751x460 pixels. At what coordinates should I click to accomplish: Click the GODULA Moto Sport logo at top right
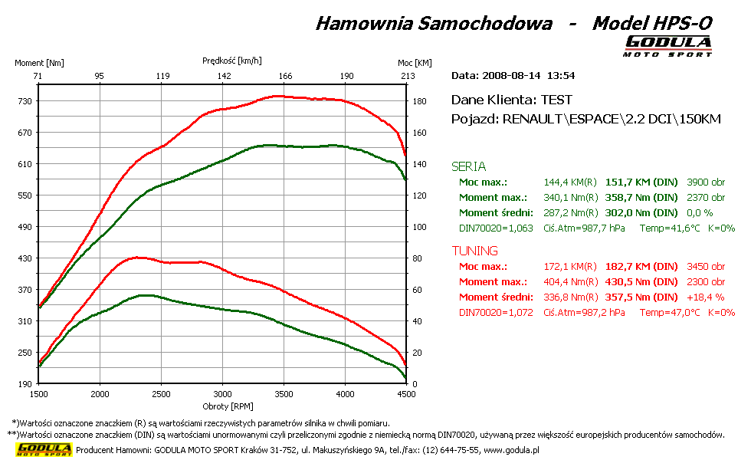coord(667,45)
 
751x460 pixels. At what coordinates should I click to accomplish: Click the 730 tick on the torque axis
coord(25,101)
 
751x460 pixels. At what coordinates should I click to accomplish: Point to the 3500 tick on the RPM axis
coord(284,394)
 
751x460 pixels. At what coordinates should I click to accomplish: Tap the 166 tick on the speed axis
coord(285,76)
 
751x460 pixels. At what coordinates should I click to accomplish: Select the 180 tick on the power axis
coord(420,101)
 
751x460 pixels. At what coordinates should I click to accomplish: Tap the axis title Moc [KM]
coord(415,63)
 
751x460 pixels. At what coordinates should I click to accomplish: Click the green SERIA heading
coord(468,166)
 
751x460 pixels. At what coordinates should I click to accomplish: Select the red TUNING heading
coord(474,251)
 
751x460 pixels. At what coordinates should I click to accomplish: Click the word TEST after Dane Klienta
coord(556,100)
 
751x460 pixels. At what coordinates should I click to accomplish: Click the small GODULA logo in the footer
coord(44,449)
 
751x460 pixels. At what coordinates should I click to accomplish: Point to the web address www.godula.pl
coord(511,451)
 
